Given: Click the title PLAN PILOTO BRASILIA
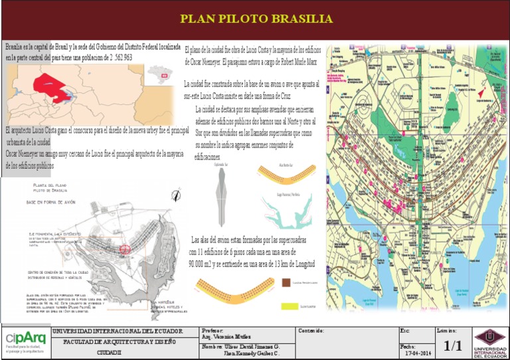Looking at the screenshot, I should (x=256, y=19).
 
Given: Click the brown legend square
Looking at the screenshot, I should (x=286, y=282).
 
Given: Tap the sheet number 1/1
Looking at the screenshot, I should (x=452, y=345).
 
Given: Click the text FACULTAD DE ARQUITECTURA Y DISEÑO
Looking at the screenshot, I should (x=120, y=341).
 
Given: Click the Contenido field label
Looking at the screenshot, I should (x=311, y=330).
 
